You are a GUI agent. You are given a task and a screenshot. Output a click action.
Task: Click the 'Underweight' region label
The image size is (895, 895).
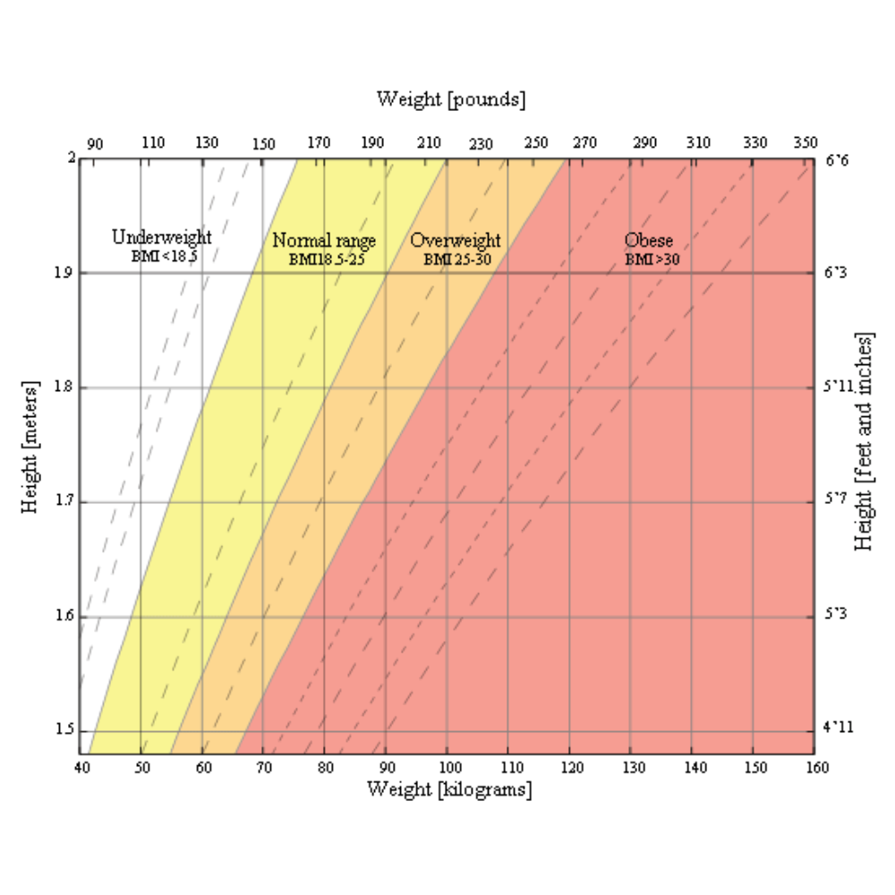click(x=162, y=238)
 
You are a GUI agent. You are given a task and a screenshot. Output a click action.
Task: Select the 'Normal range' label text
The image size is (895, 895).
click(x=324, y=241)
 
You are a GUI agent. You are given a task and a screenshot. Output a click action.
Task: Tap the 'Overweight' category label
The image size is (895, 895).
click(x=455, y=241)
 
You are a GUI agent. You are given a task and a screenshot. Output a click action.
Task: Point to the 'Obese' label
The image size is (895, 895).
click(x=649, y=241)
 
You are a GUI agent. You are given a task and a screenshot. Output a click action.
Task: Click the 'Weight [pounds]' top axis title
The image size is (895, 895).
click(x=451, y=98)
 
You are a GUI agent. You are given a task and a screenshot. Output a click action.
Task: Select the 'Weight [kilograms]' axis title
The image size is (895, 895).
click(x=449, y=789)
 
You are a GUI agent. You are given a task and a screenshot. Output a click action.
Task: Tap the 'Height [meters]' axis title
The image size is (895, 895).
click(x=30, y=449)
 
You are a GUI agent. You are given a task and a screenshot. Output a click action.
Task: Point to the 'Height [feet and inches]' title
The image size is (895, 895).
click(x=864, y=442)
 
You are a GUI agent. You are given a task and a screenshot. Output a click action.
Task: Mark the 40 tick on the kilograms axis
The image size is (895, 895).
click(x=81, y=768)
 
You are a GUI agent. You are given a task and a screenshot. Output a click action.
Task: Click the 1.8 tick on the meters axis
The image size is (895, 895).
click(x=64, y=388)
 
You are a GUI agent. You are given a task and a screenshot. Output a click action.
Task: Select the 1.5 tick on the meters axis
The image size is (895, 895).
click(x=64, y=730)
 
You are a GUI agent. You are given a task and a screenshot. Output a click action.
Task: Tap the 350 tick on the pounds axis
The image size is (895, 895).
click(x=805, y=143)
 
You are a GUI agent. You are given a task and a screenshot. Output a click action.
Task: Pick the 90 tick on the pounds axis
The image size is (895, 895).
click(x=95, y=143)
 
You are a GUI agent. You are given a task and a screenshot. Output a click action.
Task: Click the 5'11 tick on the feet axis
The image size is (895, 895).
click(x=839, y=388)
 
